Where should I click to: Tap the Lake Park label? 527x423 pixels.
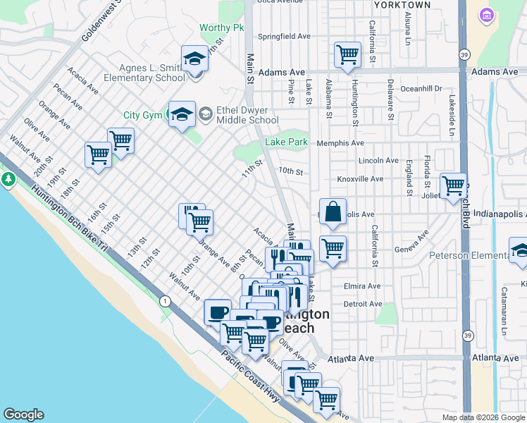tap(287, 142)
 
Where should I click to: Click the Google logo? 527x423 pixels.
tap(23, 415)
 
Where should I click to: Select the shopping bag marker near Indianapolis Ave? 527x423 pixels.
tap(333, 211)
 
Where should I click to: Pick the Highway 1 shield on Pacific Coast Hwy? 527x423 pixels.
tap(165, 301)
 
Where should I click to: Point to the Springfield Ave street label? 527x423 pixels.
tap(285, 36)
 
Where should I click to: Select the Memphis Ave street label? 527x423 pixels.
tap(340, 142)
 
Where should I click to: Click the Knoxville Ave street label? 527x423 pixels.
tap(360, 179)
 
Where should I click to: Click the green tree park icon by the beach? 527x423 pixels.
tap(8, 179)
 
